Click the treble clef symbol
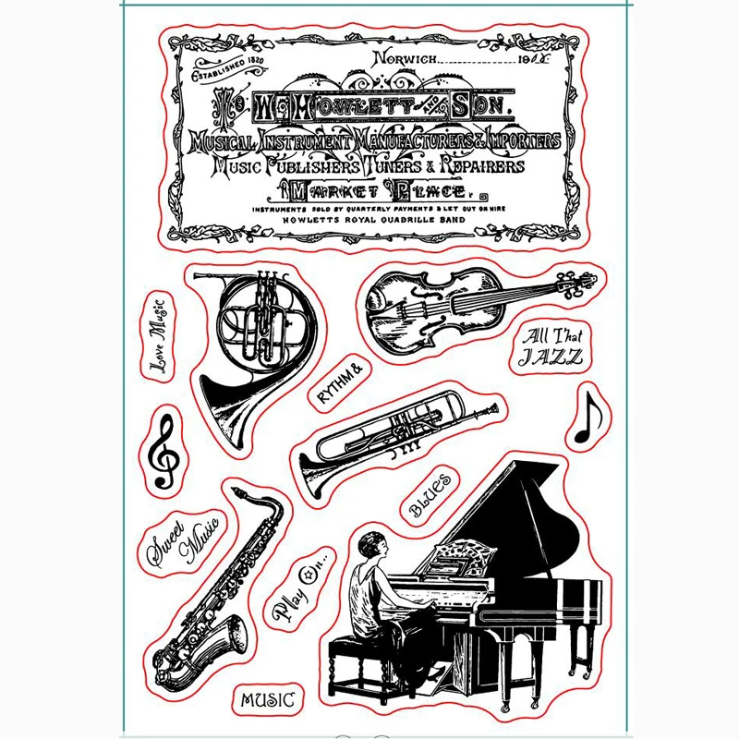coord(165,451)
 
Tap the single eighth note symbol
coord(588,418)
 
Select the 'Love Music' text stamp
coord(159,333)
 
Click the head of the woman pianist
coord(369,546)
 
